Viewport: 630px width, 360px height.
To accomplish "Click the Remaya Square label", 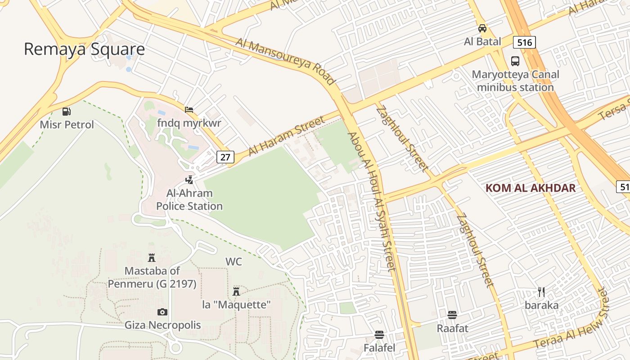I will [84, 49].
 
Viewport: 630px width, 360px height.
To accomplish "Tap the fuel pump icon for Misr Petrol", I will [67, 111].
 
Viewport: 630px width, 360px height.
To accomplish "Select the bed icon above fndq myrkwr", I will [189, 109].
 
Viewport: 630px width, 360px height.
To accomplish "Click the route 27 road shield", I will [225, 157].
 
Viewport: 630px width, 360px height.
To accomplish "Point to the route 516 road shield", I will [524, 43].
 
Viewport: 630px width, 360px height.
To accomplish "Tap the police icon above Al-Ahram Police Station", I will [189, 180].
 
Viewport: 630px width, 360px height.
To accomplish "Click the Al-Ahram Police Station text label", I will [189, 200].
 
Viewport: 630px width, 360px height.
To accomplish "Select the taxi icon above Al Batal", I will [482, 28].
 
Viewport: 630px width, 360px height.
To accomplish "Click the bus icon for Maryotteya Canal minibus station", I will [515, 61].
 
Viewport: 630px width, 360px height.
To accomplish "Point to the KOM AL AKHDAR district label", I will [531, 188].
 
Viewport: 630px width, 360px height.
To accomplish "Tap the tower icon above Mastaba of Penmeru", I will [152, 258].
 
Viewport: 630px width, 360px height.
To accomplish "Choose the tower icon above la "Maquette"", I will [236, 292].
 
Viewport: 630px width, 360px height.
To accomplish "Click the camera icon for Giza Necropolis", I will [162, 312].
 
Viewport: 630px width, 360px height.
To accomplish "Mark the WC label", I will [234, 261].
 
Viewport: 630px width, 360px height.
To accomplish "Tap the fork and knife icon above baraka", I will [541, 292].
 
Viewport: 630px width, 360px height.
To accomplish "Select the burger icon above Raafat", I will [452, 315].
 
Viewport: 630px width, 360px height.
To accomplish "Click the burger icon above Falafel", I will [379, 334].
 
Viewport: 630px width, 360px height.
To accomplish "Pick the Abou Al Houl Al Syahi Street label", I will [372, 202].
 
